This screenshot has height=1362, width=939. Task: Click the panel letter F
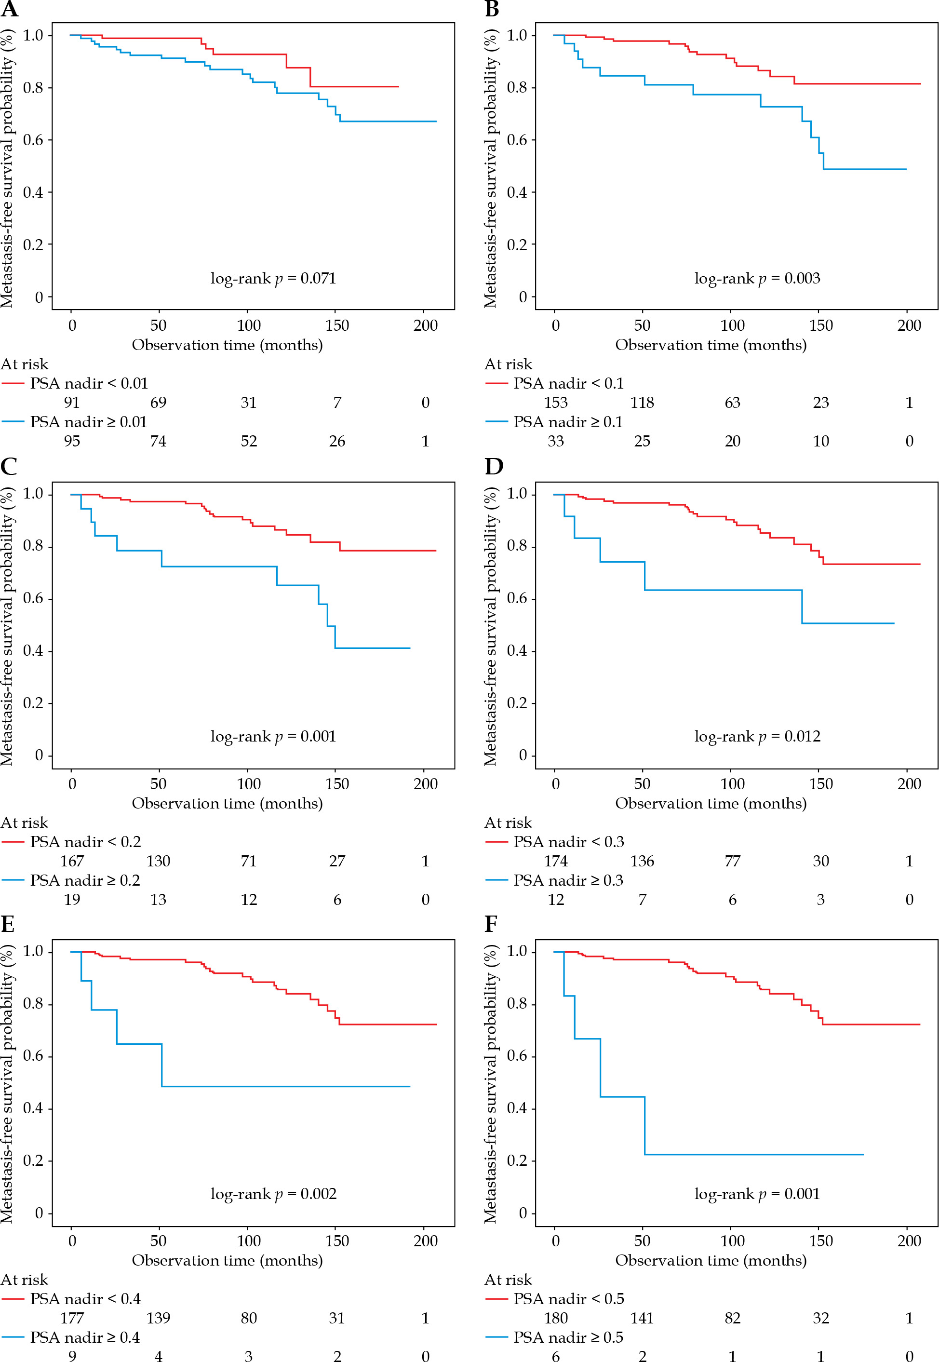click(x=491, y=925)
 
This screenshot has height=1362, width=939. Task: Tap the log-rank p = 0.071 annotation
click(x=274, y=278)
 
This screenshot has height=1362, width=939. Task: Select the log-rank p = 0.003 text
click(x=757, y=278)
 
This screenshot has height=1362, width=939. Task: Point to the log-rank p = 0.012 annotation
click(x=757, y=737)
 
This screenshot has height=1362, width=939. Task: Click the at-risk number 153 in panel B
click(x=555, y=403)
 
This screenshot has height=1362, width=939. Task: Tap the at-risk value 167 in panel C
click(x=72, y=862)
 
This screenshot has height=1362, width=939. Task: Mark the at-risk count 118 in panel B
click(x=642, y=403)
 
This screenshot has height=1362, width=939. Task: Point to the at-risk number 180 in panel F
click(x=555, y=1319)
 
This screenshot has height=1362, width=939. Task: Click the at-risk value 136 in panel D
click(x=642, y=862)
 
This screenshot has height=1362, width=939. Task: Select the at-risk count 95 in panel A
click(x=72, y=441)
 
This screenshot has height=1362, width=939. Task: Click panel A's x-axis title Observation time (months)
click(x=227, y=345)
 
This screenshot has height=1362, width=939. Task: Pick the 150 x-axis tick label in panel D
click(x=821, y=784)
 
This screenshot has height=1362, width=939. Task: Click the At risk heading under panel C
click(x=25, y=823)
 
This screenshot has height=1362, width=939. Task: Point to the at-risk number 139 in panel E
click(x=158, y=1319)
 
